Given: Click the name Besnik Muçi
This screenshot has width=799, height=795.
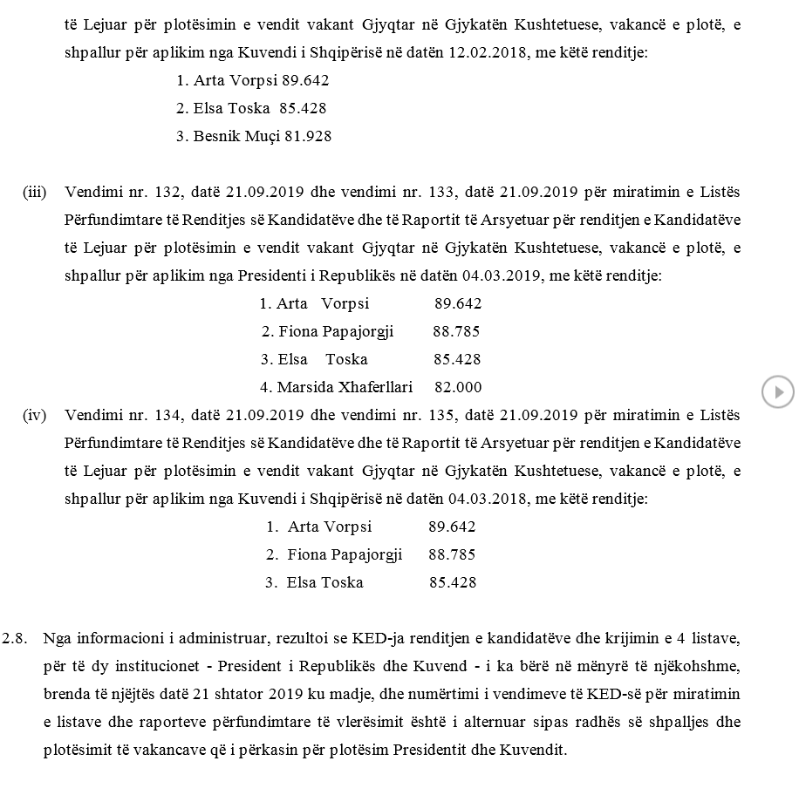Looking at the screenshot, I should coord(231,137).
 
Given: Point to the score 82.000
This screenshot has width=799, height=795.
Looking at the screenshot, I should coord(457,387).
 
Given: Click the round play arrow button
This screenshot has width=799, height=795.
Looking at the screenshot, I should coord(777,391).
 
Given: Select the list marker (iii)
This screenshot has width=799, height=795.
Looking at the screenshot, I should coord(34,192).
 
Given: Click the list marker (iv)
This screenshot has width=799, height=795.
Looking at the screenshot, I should coord(34,415).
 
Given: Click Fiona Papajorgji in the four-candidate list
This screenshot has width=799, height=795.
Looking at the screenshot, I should coord(336,331).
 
